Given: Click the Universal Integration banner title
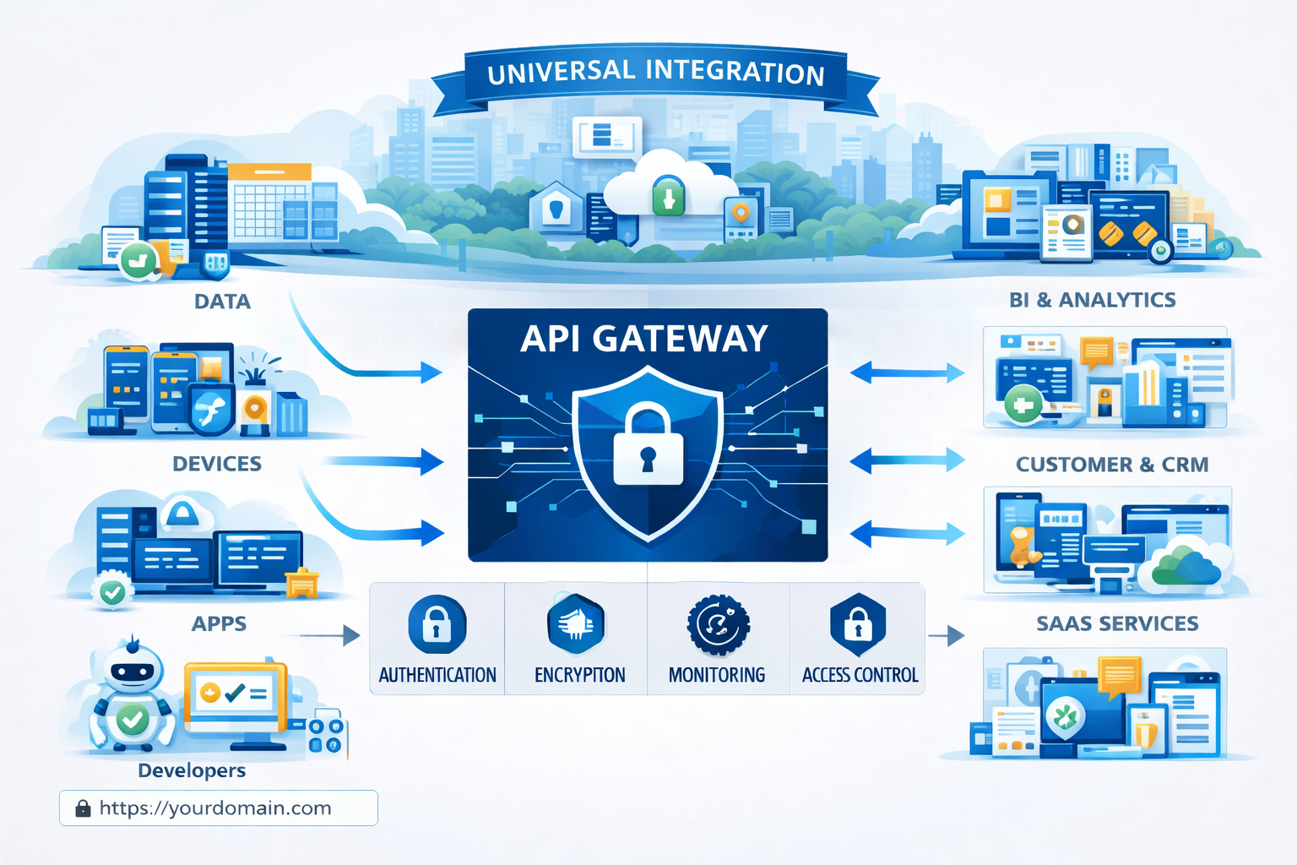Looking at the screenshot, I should click(x=656, y=73).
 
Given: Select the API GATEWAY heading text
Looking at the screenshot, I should click(x=644, y=339).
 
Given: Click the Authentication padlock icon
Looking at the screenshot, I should click(x=437, y=625).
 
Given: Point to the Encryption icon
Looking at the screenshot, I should click(x=576, y=625).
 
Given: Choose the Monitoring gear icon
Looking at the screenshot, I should click(x=718, y=625).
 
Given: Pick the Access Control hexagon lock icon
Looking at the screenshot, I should click(x=858, y=625).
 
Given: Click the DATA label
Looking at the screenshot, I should click(x=222, y=302).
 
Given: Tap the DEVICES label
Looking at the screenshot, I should click(x=217, y=464).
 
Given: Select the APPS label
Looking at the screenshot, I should click(x=219, y=623).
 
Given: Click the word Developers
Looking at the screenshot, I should click(x=192, y=770).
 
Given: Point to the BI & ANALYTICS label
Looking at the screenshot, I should click(x=1092, y=300).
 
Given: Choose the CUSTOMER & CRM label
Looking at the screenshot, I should click(x=1112, y=465).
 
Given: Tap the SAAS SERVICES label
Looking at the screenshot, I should click(x=1117, y=623).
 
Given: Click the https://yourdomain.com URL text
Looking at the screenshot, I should click(x=215, y=808).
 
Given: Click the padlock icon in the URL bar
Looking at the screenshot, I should click(x=83, y=808).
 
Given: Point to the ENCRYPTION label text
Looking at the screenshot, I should click(x=579, y=675).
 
